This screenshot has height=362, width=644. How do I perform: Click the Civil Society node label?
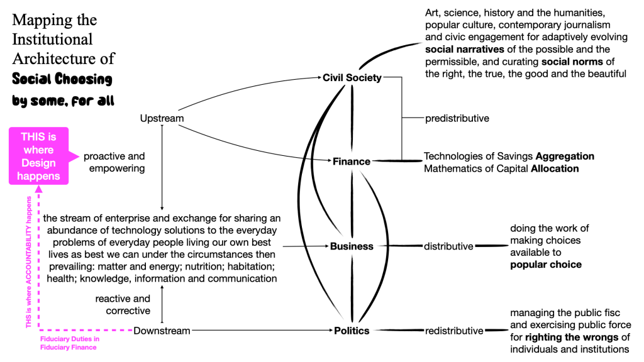(352, 78)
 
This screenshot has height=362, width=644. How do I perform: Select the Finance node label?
(352, 162)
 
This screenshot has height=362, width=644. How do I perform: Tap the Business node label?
(352, 246)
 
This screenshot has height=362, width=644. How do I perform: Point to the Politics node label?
(352, 331)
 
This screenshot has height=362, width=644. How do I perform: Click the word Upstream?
(162, 118)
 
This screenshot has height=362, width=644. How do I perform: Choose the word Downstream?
(162, 331)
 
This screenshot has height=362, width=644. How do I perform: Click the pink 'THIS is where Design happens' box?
(38, 156)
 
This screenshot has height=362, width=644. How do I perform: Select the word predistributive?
(457, 118)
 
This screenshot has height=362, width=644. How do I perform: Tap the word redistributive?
(454, 331)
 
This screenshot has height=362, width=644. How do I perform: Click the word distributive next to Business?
(448, 246)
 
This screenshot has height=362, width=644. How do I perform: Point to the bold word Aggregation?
(565, 156)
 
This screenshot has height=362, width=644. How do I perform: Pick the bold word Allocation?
(555, 168)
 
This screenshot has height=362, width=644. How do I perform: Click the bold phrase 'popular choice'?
(546, 264)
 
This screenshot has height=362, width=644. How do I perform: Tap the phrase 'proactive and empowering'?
(114, 162)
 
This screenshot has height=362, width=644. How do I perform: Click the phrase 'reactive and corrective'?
(123, 305)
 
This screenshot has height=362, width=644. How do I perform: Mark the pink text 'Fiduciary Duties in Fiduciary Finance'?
(65, 343)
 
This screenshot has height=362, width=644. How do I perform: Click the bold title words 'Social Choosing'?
(62, 80)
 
